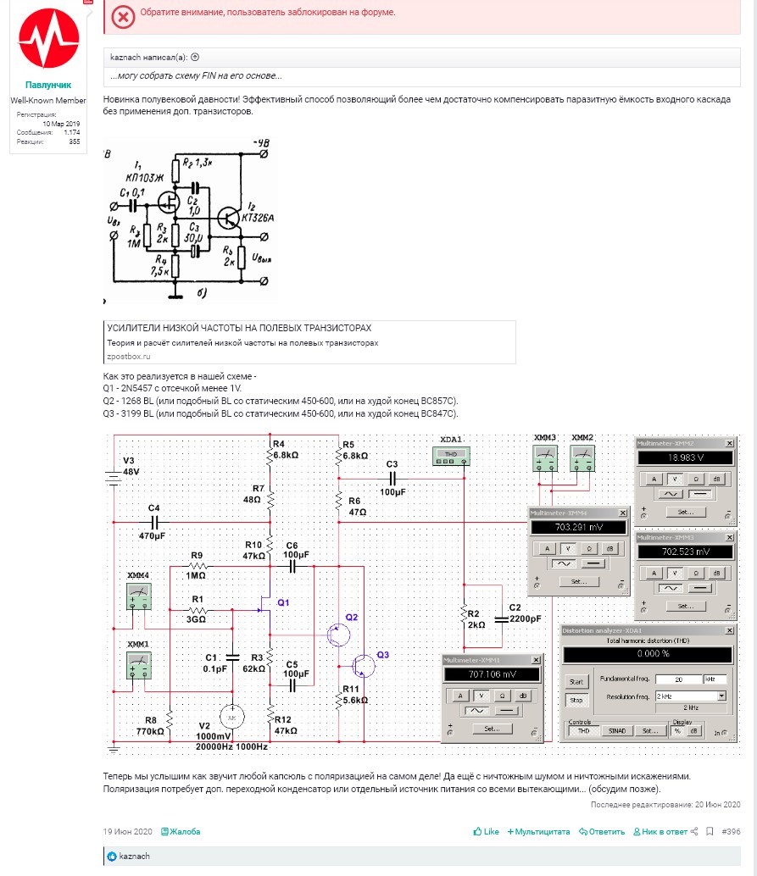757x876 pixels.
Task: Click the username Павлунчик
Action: pyautogui.click(x=48, y=86)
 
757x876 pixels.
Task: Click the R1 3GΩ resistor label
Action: pyautogui.click(x=198, y=614)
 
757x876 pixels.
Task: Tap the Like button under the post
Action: pyautogui.click(x=487, y=832)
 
